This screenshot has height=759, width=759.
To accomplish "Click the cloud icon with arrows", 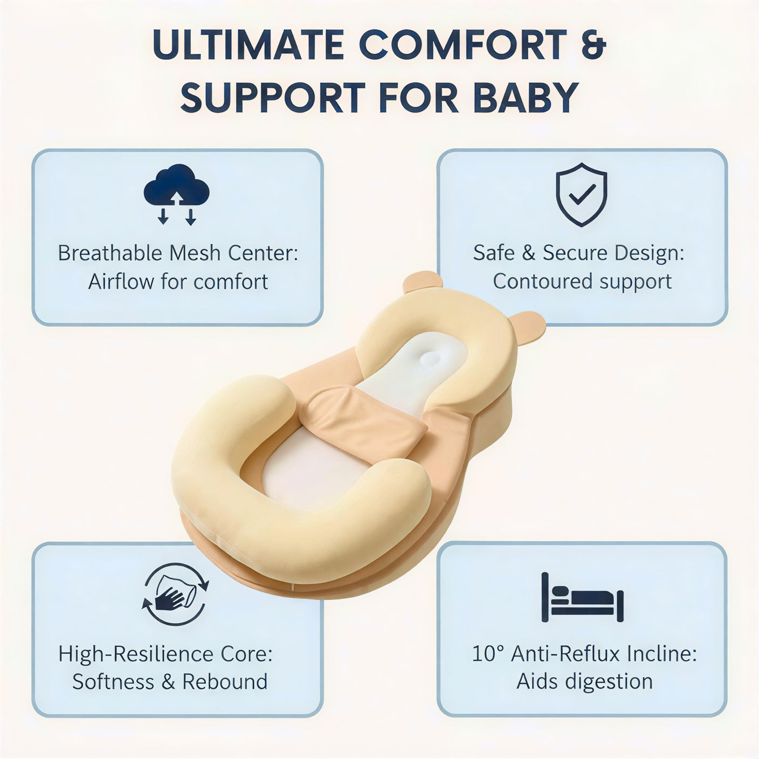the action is [176, 194].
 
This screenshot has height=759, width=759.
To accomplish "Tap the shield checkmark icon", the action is [581, 195].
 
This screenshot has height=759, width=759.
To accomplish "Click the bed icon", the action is [582, 597].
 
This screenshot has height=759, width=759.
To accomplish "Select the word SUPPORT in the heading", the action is [273, 97].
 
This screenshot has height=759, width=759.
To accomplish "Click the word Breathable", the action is [110, 253].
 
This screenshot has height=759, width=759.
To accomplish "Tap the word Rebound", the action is [225, 682].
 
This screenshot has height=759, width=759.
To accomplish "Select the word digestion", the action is [608, 682].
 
